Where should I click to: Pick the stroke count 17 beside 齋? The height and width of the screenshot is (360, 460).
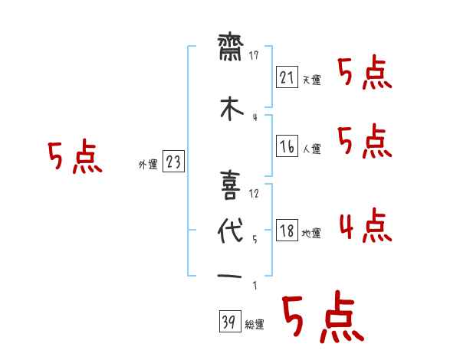(255, 55)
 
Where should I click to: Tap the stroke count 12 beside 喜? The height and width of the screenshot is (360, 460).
(255, 193)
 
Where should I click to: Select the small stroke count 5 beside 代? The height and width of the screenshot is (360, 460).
(255, 239)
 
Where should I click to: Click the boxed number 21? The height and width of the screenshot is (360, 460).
(286, 77)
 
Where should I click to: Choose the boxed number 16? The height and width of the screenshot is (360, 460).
(286, 146)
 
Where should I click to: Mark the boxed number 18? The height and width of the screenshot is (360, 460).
(286, 230)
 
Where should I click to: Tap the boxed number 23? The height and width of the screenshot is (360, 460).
(173, 161)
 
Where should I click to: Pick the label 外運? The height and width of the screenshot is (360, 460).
(147, 163)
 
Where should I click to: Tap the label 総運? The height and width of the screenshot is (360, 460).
(255, 325)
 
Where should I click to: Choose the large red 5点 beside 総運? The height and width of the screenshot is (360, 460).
(322, 316)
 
